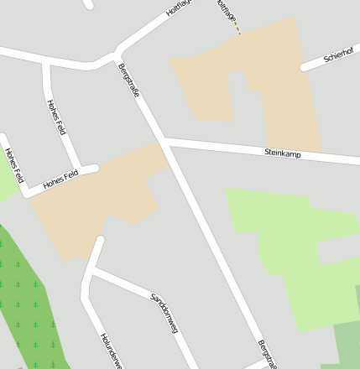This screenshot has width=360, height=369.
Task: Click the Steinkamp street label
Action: coord(282,153)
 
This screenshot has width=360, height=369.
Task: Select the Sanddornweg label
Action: coord(164,313)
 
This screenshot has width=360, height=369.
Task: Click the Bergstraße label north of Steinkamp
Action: coord(129,81)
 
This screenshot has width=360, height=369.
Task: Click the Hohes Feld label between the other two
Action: coord(56,117)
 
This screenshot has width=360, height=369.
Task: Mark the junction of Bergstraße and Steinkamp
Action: coord(164,140)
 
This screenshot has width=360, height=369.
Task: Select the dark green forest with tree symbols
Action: coord(29,302)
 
